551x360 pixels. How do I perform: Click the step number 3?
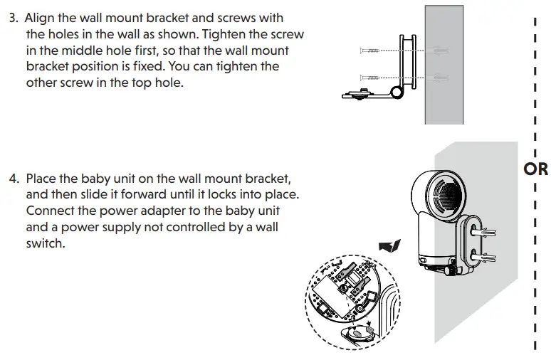13,18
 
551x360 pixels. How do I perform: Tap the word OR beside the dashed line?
535,169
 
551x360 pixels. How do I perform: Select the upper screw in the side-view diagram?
374,51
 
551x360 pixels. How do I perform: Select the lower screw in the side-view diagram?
374,77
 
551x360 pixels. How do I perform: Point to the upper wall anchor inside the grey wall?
439,51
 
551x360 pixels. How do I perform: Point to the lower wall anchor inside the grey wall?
439,77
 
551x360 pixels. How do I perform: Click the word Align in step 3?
41,18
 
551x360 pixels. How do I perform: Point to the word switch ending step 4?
44,243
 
